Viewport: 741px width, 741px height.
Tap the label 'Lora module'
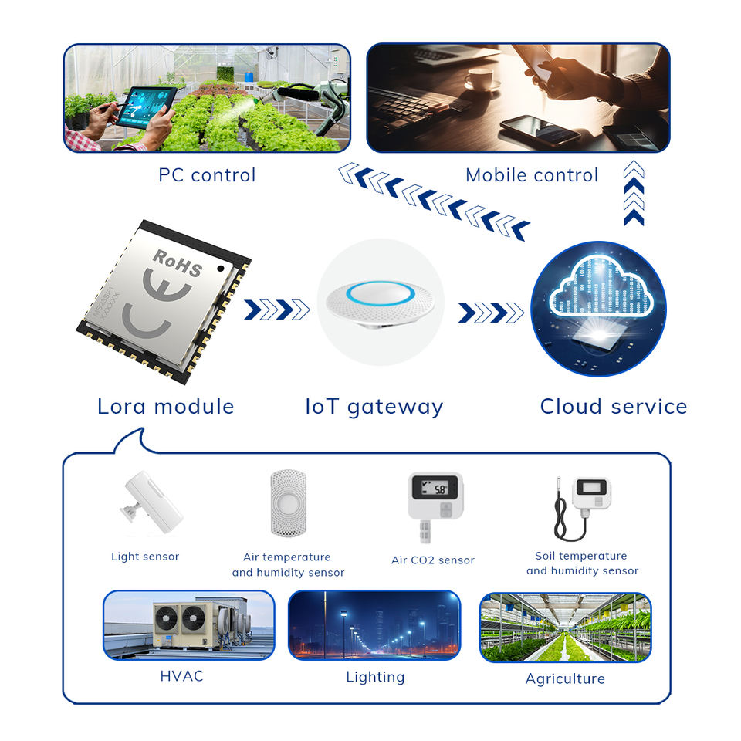(165, 406)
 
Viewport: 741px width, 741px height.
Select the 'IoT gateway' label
(374, 406)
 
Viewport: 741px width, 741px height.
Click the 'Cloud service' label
(613, 406)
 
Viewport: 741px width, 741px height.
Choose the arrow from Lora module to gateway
(277, 310)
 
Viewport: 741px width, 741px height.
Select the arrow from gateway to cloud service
(491, 312)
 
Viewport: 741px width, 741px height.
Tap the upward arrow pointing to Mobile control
(633, 193)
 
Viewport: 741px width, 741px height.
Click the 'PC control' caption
(207, 175)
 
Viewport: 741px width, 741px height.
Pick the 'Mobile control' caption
(532, 175)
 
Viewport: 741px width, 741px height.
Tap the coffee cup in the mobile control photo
(479, 78)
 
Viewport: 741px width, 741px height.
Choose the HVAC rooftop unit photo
(188, 625)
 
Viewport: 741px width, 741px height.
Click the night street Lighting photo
(374, 625)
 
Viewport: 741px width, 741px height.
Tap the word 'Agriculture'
(565, 678)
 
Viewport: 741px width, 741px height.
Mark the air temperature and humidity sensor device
(288, 503)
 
